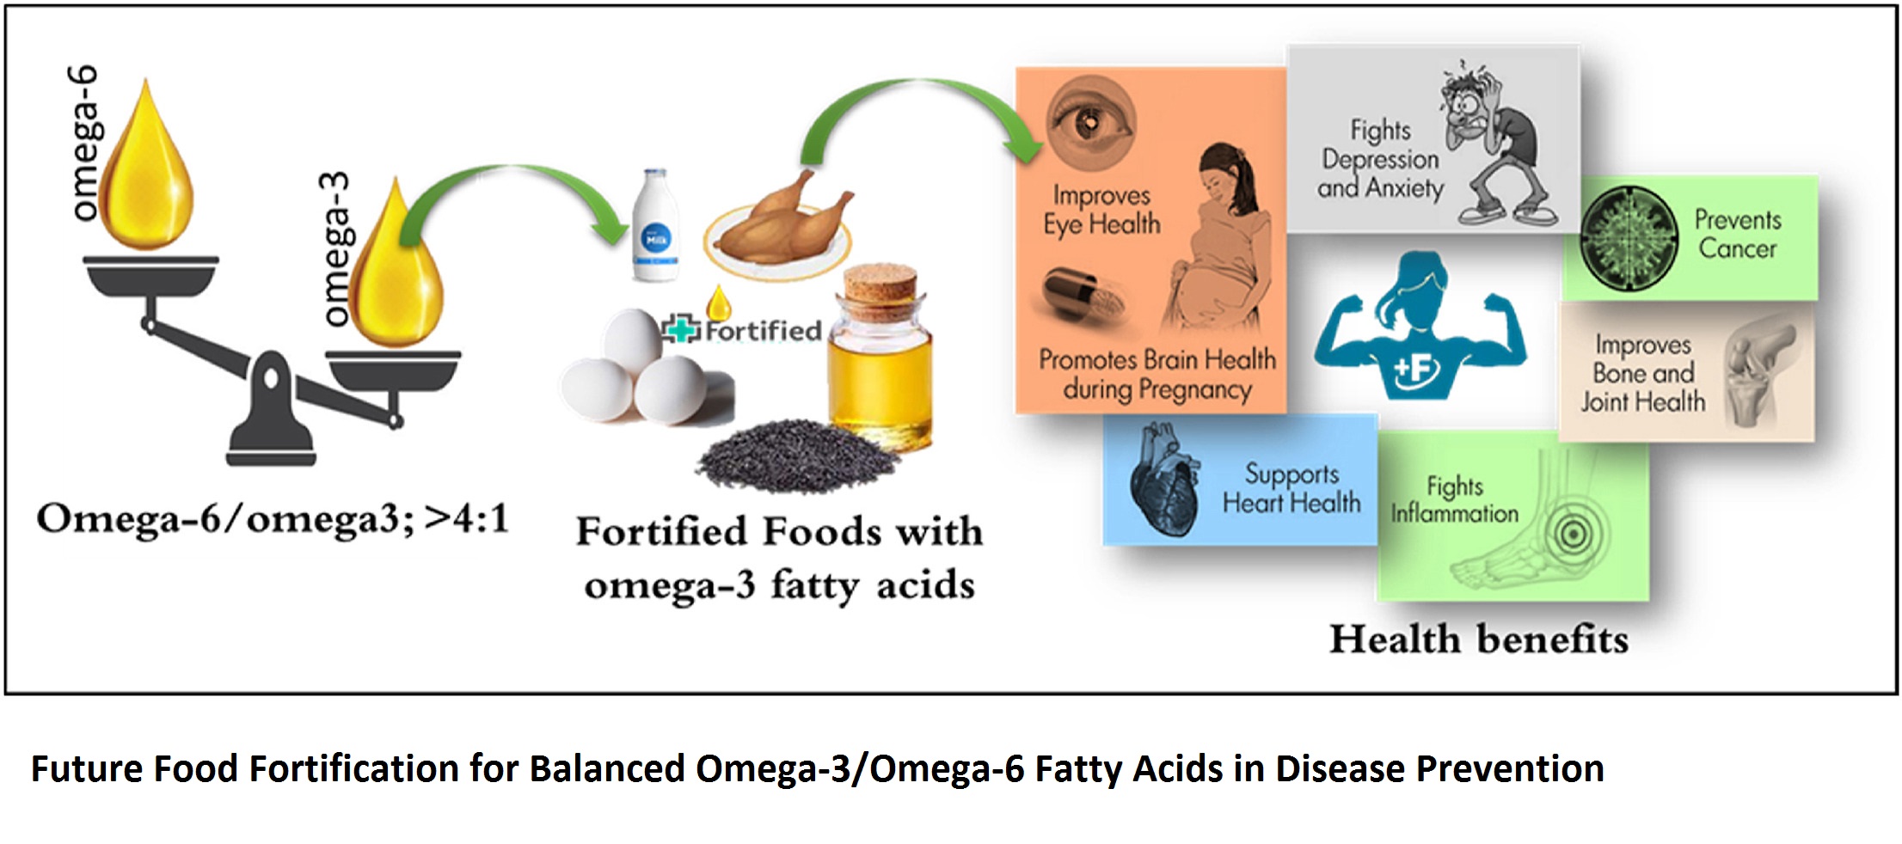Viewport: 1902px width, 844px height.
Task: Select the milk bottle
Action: tap(656, 225)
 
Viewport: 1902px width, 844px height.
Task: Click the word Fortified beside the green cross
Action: tap(763, 331)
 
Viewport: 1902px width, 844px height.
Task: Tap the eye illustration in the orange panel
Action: tap(1090, 122)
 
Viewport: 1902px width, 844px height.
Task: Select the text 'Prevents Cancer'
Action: tap(1738, 234)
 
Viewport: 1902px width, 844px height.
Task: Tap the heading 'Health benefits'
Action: tap(1479, 639)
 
